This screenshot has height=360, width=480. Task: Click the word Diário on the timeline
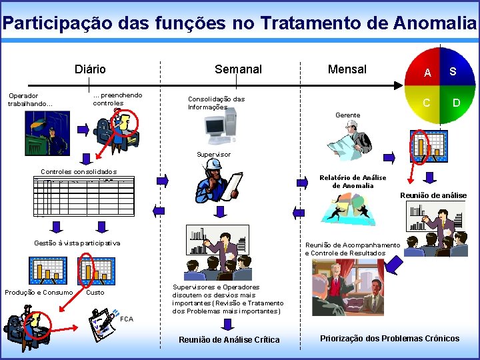tap(90, 69)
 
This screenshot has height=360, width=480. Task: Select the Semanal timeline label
tap(238, 69)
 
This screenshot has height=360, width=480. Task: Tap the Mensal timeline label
tap(347, 69)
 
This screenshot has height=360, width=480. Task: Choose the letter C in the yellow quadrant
tap(427, 103)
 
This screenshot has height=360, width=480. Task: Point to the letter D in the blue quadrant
tap(457, 103)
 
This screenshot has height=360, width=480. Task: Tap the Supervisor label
tap(213, 155)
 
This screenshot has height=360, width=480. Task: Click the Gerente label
tap(347, 115)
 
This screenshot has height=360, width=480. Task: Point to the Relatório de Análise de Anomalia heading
tap(353, 181)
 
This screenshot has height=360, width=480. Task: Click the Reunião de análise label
tap(433, 195)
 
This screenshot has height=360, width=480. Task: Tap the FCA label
tap(127, 319)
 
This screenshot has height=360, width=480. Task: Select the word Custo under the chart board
tap(95, 293)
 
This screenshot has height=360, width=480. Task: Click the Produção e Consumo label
tap(39, 293)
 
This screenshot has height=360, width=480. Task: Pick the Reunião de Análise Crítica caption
tap(229, 340)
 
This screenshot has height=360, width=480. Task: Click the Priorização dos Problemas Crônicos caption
tap(389, 339)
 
